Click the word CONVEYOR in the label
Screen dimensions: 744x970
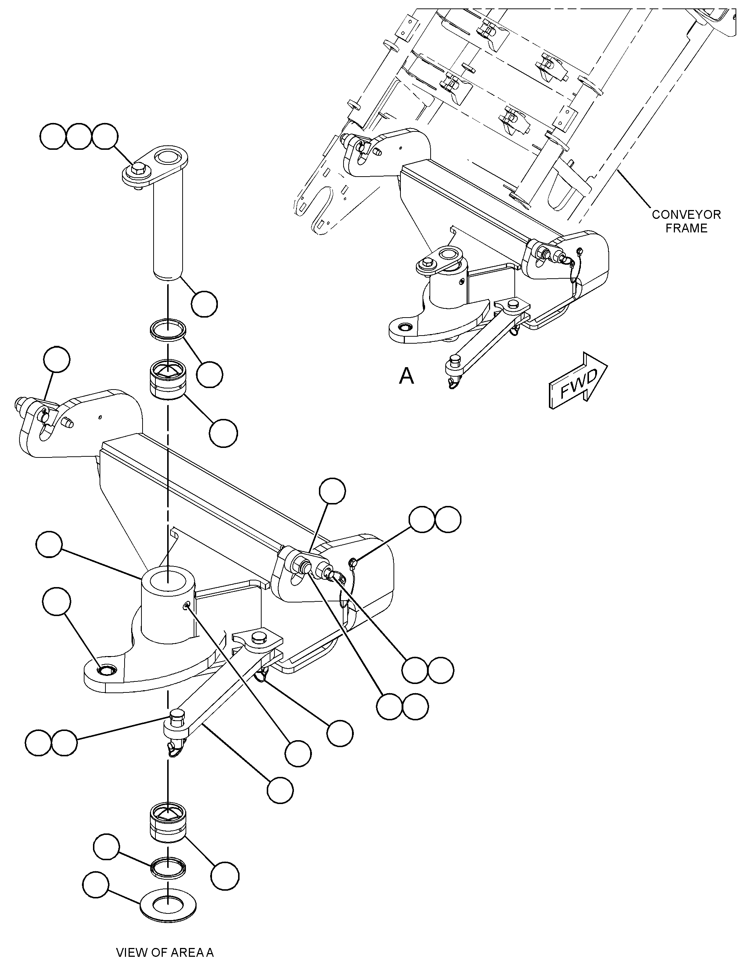(x=686, y=215)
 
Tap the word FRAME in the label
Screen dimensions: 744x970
(x=686, y=228)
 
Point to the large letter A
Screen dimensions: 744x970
(x=407, y=376)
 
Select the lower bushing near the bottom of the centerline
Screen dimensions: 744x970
(x=168, y=821)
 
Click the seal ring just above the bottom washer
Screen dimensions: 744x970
(x=168, y=867)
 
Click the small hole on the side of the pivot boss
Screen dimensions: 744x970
(x=188, y=605)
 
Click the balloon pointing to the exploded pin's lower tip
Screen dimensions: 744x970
(x=204, y=304)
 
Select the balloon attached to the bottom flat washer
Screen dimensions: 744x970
(x=96, y=886)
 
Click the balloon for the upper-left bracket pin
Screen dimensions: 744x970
(x=57, y=360)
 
